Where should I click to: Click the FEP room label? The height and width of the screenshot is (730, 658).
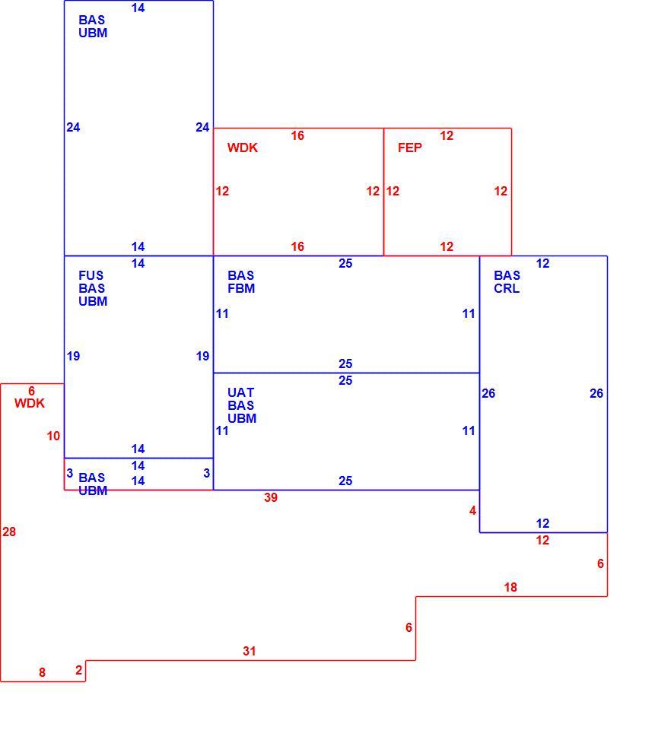(x=410, y=148)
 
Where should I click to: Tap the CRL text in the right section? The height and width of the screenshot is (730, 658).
(x=507, y=289)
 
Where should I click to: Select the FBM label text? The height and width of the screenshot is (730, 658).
(x=241, y=289)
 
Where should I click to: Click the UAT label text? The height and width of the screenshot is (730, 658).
(x=240, y=392)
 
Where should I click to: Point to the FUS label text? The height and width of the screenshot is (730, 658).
(x=91, y=275)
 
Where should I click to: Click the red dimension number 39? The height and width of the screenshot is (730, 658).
(x=271, y=497)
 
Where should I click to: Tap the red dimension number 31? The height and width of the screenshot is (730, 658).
(x=250, y=652)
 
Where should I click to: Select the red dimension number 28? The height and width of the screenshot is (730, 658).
(x=9, y=532)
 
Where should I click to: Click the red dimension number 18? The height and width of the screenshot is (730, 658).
(x=510, y=588)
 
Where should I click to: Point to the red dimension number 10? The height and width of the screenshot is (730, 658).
(x=53, y=436)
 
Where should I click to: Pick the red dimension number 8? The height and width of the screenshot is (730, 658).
(x=42, y=673)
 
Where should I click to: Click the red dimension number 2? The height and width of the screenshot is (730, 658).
(x=78, y=671)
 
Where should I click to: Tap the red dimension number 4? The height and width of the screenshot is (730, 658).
(x=472, y=511)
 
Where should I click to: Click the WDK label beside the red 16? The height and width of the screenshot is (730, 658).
(x=242, y=148)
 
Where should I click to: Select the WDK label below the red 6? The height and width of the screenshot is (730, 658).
(x=30, y=403)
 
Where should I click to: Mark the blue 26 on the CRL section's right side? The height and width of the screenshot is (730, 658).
(x=596, y=393)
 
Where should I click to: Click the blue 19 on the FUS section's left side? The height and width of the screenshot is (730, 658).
(x=73, y=356)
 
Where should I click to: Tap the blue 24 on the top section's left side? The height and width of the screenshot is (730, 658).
(x=73, y=127)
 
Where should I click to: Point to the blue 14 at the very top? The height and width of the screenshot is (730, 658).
(x=138, y=8)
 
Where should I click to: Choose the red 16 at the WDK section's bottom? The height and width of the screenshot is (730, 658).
(x=297, y=246)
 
